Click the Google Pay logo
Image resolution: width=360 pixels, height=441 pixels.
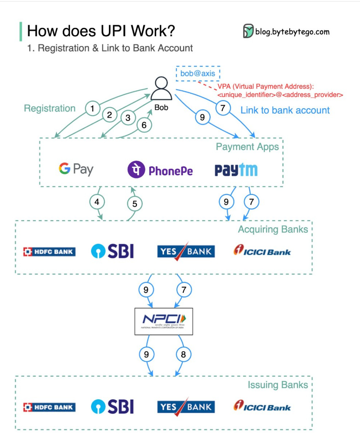[76, 169]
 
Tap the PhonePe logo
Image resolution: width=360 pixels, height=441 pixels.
[160, 170]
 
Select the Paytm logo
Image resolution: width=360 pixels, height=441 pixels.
[236, 170]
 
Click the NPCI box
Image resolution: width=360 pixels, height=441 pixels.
[163, 321]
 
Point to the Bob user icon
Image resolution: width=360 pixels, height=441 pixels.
[161, 89]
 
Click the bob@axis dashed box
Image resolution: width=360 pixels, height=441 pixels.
[198, 73]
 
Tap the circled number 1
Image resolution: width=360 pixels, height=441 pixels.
[92, 109]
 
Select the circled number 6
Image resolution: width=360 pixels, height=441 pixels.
[144, 125]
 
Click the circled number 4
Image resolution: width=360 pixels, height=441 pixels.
[97, 202]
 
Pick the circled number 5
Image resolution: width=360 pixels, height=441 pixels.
[134, 204]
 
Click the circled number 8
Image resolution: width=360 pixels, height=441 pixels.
[183, 354]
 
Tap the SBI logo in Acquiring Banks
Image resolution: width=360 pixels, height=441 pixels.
[112, 251]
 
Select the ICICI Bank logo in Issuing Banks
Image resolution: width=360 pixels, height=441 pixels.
[262, 406]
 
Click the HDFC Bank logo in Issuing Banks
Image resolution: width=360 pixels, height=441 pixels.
[49, 407]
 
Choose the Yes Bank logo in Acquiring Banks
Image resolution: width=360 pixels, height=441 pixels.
[186, 252]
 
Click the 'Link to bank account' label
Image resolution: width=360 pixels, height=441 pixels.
[285, 110]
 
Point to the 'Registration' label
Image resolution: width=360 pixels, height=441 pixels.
[50, 108]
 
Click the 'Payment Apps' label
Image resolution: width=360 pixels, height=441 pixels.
[247, 147]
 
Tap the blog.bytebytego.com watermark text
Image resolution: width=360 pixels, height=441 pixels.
[292, 32]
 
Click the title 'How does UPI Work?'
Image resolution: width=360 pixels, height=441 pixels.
[101, 31]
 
